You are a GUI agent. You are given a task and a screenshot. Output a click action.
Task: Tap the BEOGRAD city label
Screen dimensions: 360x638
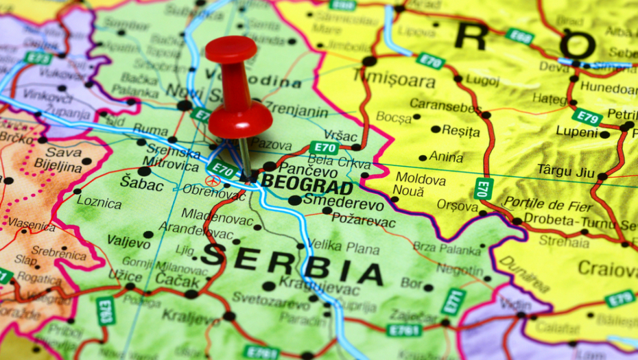(x=307, y=184)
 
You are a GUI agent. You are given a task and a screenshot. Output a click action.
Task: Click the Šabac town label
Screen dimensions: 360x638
(x=141, y=184)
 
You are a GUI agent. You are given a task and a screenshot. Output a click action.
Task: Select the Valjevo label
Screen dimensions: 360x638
(x=128, y=240)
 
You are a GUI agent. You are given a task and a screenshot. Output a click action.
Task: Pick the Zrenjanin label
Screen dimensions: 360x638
(x=296, y=108)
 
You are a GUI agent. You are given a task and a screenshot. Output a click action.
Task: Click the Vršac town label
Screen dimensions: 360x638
(x=340, y=134)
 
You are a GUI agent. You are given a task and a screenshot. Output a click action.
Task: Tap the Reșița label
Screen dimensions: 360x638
(x=460, y=130)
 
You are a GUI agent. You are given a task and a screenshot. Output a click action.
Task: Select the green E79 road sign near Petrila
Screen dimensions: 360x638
(x=587, y=117)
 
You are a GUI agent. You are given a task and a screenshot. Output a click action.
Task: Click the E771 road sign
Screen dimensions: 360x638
(x=453, y=302)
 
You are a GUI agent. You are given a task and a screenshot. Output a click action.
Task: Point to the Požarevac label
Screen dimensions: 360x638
(x=363, y=221)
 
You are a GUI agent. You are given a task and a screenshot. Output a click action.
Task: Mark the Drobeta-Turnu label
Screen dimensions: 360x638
(x=569, y=221)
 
